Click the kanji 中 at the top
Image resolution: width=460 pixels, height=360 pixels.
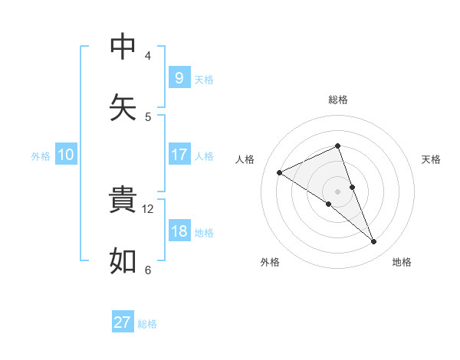click(123, 47)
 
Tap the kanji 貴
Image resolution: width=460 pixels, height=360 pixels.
click(123, 200)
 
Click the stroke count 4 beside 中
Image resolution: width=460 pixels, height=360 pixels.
click(148, 55)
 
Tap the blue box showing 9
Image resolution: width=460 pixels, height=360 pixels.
click(179, 78)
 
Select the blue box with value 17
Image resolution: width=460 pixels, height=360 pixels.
click(179, 155)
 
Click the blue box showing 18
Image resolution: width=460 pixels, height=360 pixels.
click(179, 231)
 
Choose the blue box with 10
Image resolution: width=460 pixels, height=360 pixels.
click(66, 155)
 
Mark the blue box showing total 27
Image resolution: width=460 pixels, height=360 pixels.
click(123, 322)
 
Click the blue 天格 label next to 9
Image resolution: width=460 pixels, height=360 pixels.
click(204, 79)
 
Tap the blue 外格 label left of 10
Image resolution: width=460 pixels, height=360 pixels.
click(41, 155)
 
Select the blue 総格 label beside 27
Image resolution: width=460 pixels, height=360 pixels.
click(147, 323)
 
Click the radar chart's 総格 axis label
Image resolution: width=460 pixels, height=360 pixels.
click(338, 100)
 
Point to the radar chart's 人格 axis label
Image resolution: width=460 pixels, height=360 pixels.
click(245, 159)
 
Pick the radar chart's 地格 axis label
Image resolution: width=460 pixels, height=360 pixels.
click(402, 262)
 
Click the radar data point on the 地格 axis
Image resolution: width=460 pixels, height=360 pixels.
click(374, 242)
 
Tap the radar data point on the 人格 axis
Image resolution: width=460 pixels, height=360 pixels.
click(279, 172)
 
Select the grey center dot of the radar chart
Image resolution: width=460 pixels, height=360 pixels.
click(337, 191)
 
